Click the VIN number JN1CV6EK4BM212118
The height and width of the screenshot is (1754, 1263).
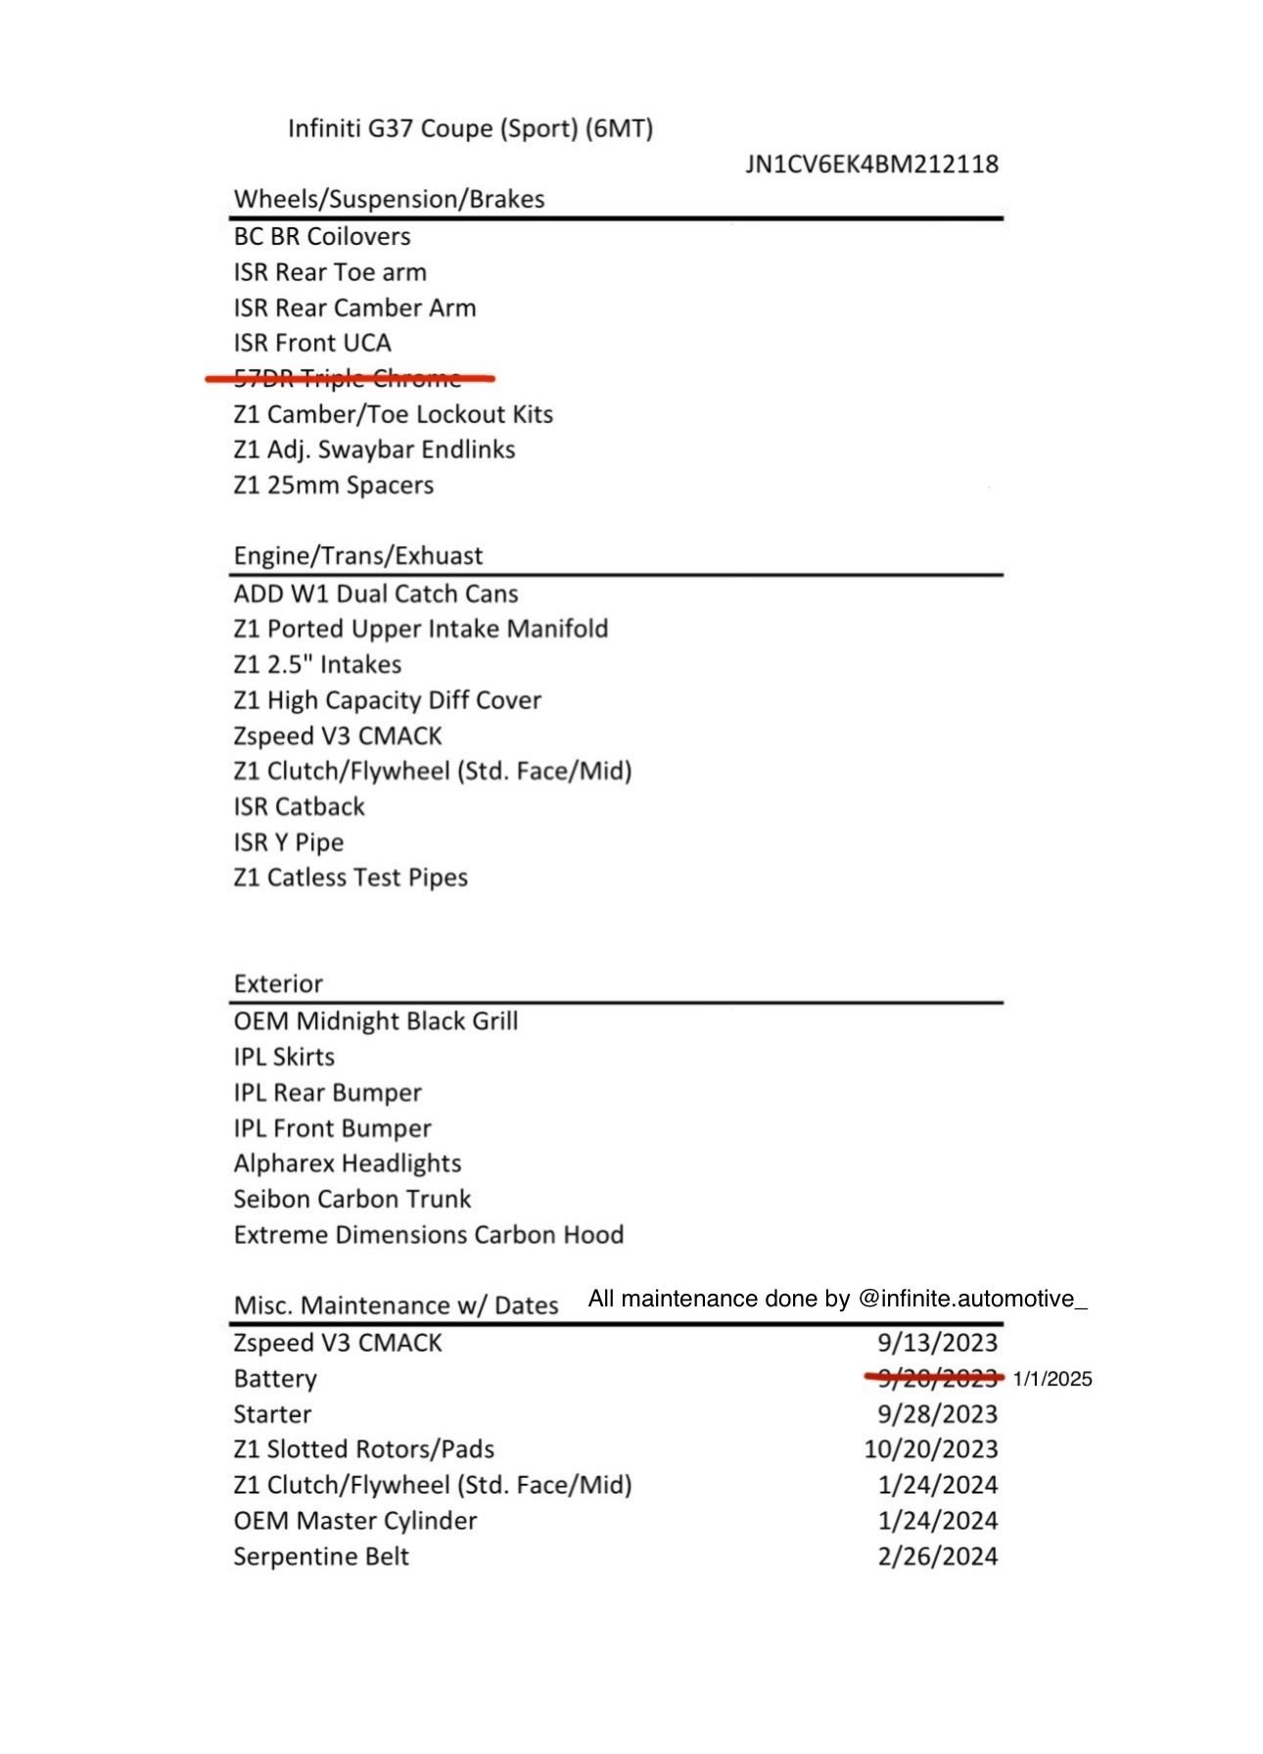(x=871, y=164)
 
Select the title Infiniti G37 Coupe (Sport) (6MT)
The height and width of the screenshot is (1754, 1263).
(x=470, y=128)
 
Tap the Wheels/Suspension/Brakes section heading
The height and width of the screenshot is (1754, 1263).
(x=389, y=199)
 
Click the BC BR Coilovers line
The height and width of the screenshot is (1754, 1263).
(x=322, y=236)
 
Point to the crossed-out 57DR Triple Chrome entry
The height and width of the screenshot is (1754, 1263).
(x=348, y=378)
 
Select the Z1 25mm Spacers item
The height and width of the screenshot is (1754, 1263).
(x=333, y=485)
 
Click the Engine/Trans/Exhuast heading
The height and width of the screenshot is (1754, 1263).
(x=357, y=555)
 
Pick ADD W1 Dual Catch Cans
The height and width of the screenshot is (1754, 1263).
(x=376, y=593)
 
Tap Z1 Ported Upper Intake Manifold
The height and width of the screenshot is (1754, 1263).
(x=421, y=629)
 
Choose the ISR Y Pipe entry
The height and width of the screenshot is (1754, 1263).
(x=289, y=842)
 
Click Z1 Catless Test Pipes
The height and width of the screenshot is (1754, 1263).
(x=351, y=877)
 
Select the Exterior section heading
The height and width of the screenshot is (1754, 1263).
(x=278, y=983)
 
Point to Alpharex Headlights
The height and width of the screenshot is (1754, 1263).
(x=348, y=1163)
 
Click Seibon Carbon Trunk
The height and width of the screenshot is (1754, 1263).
(x=352, y=1199)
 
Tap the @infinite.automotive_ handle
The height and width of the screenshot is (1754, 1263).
(x=972, y=1299)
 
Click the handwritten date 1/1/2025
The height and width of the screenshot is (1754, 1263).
(x=1052, y=1379)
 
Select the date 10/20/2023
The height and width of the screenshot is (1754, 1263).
(x=930, y=1449)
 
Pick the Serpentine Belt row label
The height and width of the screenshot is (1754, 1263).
(x=321, y=1556)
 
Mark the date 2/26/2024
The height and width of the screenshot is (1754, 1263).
(x=937, y=1556)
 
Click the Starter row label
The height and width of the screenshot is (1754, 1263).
(x=272, y=1414)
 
